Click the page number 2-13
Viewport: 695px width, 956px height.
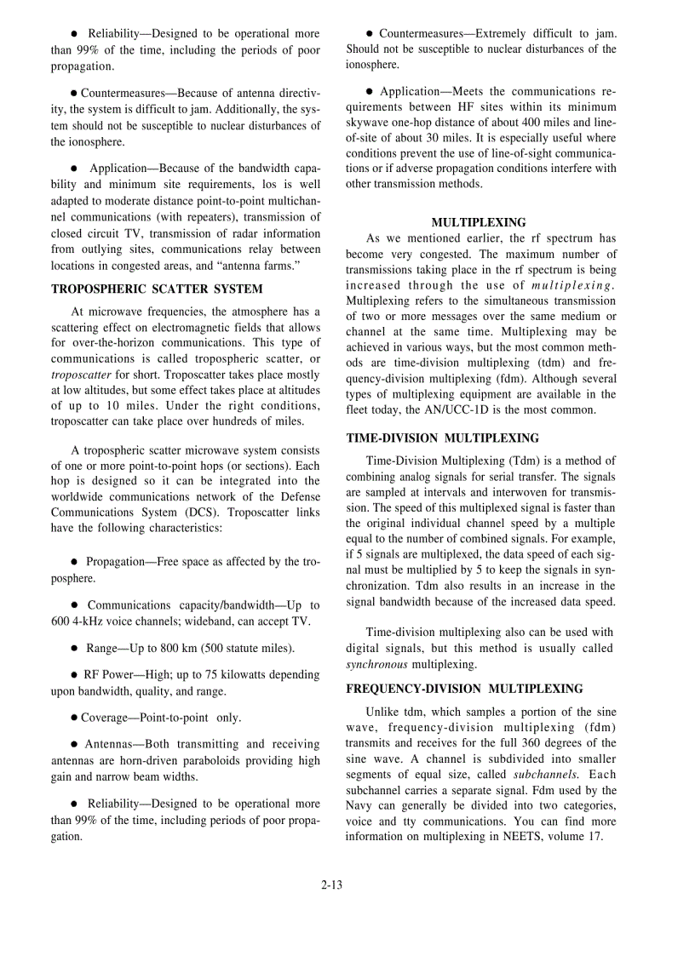331,885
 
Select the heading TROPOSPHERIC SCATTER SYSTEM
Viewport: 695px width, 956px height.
157,289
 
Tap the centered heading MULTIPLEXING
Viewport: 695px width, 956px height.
479,223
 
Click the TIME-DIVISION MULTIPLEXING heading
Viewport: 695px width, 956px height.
442,438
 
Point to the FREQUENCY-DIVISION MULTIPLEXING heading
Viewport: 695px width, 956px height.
464,689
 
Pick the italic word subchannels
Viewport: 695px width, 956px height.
544,775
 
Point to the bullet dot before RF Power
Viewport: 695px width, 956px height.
75,675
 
